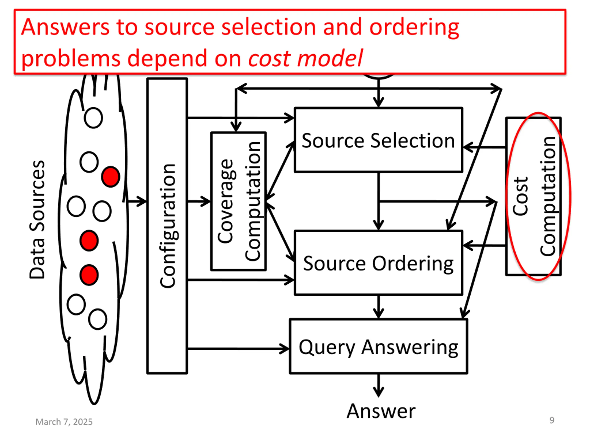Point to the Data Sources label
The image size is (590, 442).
click(x=37, y=220)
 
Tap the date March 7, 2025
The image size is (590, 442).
click(x=64, y=422)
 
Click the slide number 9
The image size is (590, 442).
click(x=552, y=420)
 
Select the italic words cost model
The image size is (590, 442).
click(x=305, y=58)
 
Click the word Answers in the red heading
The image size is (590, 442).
click(x=65, y=27)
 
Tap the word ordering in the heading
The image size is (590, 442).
click(x=414, y=28)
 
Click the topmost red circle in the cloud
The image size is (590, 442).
click(x=110, y=177)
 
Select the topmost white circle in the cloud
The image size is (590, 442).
click(x=93, y=118)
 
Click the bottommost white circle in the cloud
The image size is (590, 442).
click(x=98, y=319)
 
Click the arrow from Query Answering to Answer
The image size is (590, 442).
click(x=378, y=386)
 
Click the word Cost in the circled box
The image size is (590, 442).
click(x=520, y=196)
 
